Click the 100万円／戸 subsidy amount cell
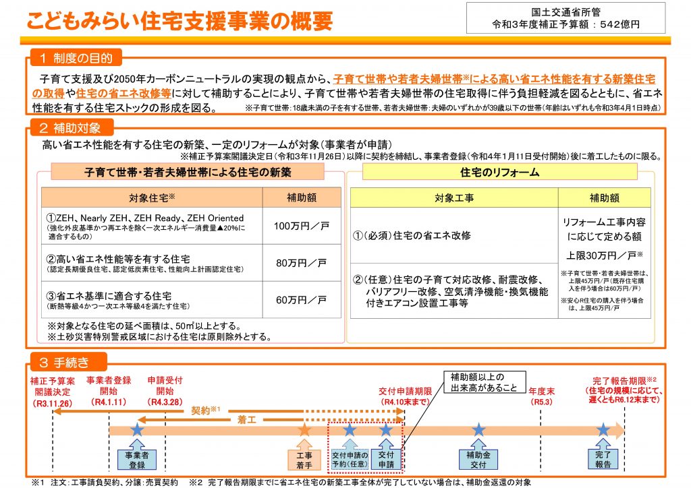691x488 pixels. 302,226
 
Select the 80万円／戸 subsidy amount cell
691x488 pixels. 302,263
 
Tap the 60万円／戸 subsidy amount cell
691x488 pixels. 302,300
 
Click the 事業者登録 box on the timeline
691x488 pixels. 137,460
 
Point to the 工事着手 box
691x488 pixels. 304,460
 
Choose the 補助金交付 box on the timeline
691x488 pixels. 478,460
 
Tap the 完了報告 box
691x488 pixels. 603,459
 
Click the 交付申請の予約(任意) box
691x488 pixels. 350,460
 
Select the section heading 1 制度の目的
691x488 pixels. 76,58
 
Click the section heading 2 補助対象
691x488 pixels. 70,127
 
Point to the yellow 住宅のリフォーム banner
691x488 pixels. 500,172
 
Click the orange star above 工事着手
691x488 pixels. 304,429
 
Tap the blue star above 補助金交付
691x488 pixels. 478,429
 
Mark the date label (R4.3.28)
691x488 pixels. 165,402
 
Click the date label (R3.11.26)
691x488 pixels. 53,403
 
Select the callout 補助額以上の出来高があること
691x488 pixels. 484,382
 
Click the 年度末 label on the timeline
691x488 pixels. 542,391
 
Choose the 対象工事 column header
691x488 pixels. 454,198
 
